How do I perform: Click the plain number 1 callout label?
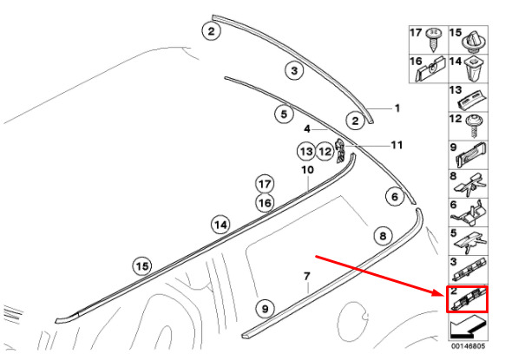(x=397, y=108)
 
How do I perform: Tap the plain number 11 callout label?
(x=397, y=145)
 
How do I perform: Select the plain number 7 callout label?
(x=307, y=276)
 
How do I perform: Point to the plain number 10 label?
(x=307, y=170)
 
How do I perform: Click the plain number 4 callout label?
(x=307, y=129)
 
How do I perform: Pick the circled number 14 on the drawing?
(x=221, y=225)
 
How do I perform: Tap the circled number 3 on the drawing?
(x=294, y=70)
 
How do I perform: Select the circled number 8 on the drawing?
(x=383, y=236)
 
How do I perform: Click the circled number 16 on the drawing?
(x=265, y=203)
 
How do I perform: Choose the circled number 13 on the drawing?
(x=306, y=151)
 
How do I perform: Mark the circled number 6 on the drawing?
(x=395, y=197)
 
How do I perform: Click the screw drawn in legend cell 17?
(x=433, y=39)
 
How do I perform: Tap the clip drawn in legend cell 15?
(x=474, y=42)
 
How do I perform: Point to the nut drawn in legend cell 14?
(x=473, y=69)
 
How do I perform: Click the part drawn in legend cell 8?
(x=470, y=185)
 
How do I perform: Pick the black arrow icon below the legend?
(x=467, y=327)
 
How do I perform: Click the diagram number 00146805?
(x=468, y=346)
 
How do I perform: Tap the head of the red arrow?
(x=443, y=294)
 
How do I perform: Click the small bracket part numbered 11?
(x=341, y=150)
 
